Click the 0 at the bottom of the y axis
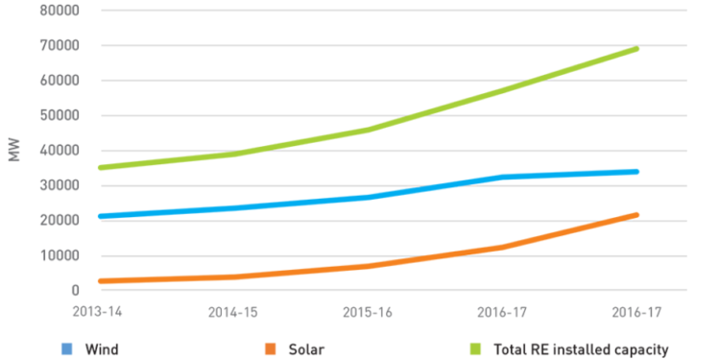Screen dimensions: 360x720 [74, 290]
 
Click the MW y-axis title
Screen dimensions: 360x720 [14, 151]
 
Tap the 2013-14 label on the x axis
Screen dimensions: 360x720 [100, 313]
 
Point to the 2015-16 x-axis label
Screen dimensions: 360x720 [368, 313]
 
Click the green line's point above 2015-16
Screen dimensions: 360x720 [368, 130]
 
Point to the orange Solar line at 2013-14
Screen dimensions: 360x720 [101, 281]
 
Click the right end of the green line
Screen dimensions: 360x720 [636, 48]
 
